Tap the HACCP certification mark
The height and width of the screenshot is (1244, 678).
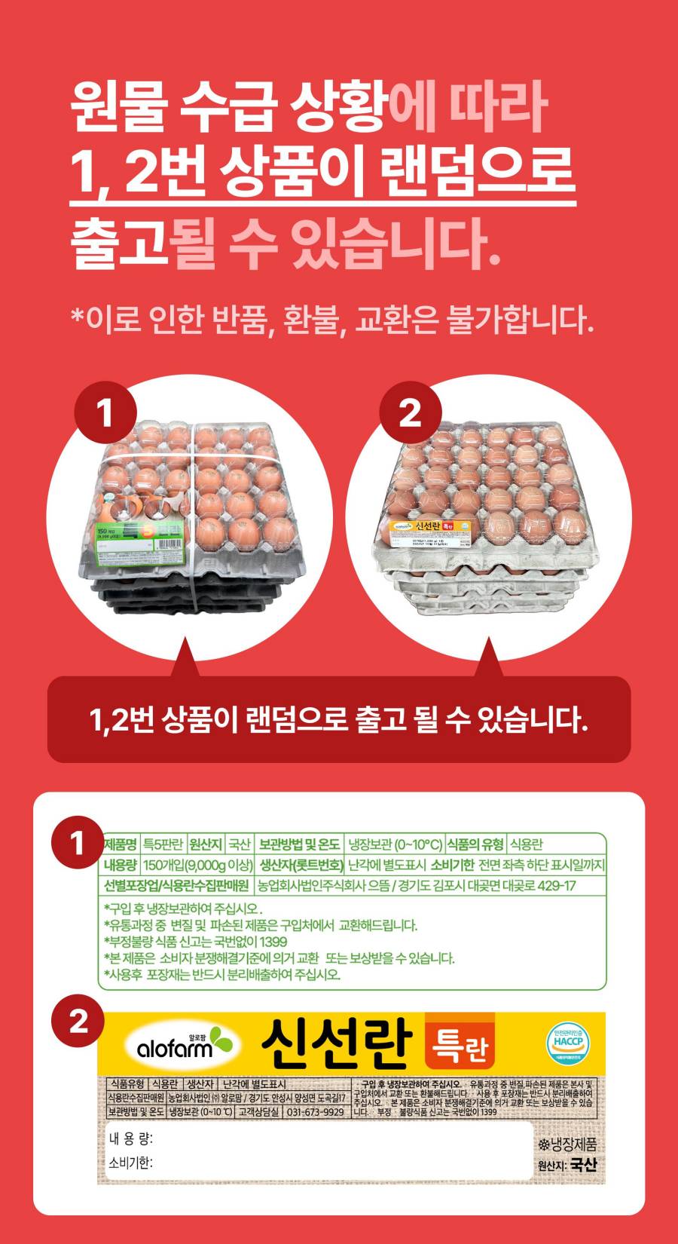567,1044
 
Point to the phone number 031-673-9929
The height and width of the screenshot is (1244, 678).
316,1112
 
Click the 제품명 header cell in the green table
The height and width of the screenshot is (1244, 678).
120,844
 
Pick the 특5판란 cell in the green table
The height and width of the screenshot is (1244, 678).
163,844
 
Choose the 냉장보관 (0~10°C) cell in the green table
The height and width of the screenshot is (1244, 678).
395,844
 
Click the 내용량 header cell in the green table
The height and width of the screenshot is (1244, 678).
120,865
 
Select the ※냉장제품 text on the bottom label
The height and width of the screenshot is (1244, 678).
567,1144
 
